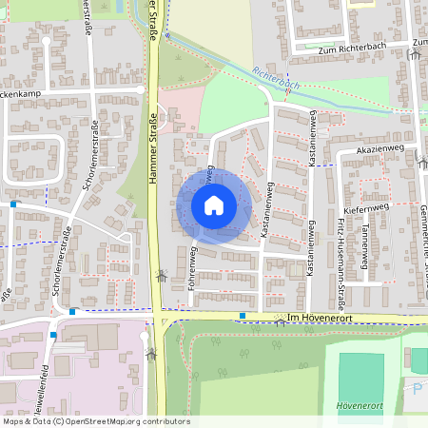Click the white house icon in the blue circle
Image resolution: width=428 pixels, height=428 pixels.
click(214, 205)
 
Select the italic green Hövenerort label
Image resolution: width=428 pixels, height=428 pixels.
click(360, 405)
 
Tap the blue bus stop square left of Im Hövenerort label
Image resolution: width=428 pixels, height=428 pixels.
click(243, 316)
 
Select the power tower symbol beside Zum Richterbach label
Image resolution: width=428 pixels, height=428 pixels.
click(414, 54)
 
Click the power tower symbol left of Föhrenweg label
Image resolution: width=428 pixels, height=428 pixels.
click(162, 277)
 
